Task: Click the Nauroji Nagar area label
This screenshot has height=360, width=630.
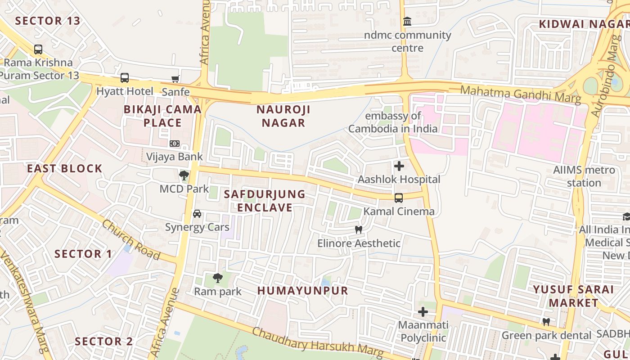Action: click(283, 116)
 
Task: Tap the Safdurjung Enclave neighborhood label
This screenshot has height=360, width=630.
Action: click(265, 201)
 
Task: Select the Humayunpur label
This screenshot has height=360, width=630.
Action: click(303, 290)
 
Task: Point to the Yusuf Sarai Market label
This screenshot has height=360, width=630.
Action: click(573, 296)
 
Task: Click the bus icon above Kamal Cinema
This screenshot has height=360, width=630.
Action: click(399, 198)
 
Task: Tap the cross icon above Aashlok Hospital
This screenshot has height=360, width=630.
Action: click(399, 166)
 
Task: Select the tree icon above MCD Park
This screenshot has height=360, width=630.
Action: click(184, 175)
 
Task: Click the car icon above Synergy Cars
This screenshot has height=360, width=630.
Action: click(197, 214)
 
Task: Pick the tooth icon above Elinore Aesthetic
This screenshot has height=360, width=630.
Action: click(359, 230)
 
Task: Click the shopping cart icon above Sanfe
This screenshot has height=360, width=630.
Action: click(175, 79)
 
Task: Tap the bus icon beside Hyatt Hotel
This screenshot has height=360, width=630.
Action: click(125, 78)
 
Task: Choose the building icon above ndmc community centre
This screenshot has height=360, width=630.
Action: click(407, 22)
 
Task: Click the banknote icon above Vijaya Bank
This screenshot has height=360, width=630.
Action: click(175, 144)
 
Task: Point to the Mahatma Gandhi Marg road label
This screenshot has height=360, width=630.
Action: click(521, 94)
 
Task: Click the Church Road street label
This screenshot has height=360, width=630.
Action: click(130, 239)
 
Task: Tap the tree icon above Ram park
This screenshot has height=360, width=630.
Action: click(218, 278)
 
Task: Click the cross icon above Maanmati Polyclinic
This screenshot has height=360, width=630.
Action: click(423, 311)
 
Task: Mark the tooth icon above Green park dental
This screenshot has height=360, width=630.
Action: click(546, 322)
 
